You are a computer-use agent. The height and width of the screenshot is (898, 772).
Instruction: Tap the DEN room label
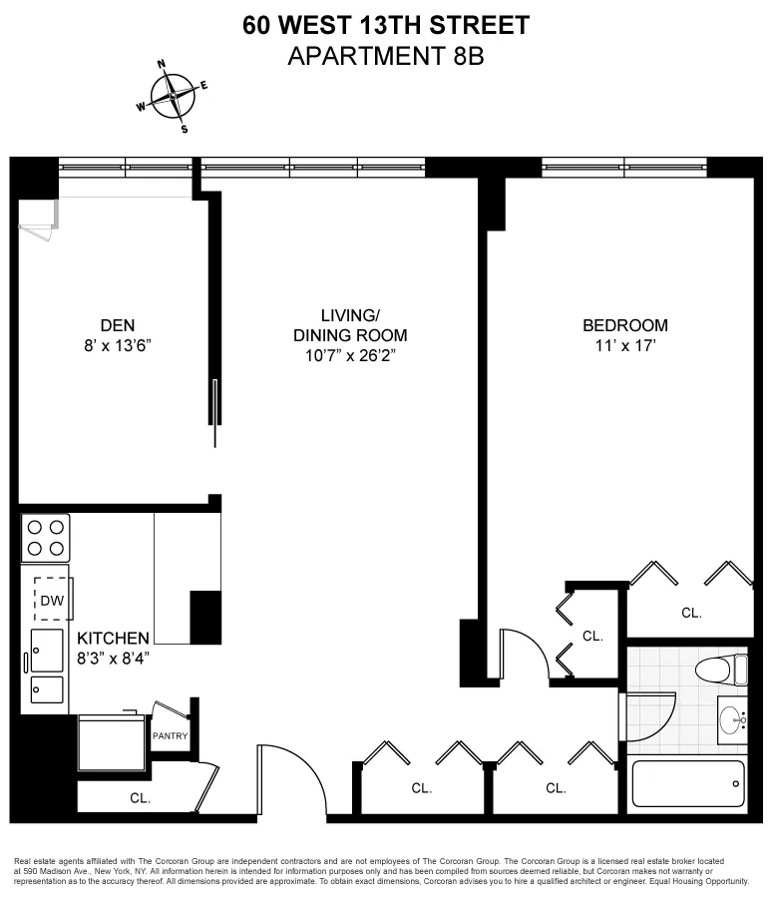point(118,324)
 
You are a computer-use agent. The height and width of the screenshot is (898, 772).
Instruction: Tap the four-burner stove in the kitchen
point(46,538)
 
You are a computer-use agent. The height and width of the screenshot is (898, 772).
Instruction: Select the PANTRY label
point(171,736)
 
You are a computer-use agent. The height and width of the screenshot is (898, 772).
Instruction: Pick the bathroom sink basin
point(733,716)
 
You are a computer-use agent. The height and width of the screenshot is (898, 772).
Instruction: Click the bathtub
point(688,783)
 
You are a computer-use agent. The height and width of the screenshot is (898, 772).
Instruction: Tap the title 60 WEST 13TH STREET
point(386,25)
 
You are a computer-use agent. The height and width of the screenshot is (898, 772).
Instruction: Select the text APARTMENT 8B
point(386,57)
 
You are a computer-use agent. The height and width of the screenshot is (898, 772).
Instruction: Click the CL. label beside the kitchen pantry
point(140,797)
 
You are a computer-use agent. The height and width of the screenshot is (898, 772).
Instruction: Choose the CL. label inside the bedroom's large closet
point(691,614)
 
